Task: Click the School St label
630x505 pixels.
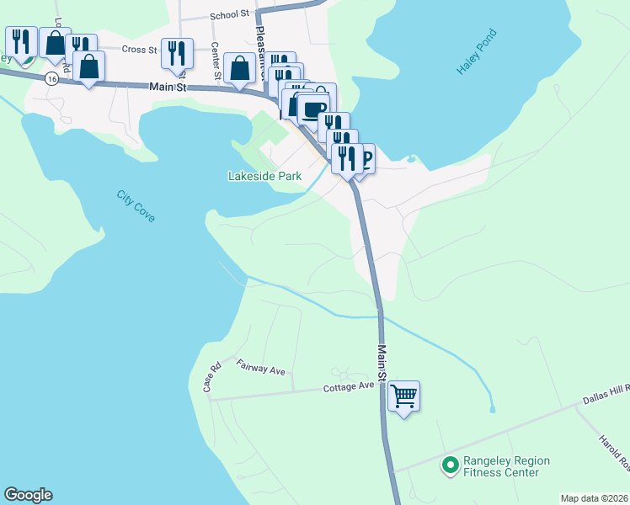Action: (x=231, y=14)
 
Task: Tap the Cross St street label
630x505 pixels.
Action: (x=140, y=50)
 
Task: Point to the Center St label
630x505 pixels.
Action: (x=216, y=61)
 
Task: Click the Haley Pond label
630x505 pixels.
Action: (x=478, y=53)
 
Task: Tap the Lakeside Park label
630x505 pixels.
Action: (x=264, y=177)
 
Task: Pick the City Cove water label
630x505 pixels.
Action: (x=136, y=206)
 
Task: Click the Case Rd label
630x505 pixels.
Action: (x=211, y=377)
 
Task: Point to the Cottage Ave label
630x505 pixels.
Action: (x=349, y=386)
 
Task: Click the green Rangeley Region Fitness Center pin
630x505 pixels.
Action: (x=450, y=464)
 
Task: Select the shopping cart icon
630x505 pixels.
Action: (x=403, y=395)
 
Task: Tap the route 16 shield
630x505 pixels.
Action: (x=52, y=78)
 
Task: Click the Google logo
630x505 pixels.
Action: (x=28, y=495)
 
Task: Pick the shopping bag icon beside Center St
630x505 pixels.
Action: (x=240, y=67)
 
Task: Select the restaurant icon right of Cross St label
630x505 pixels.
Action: (x=176, y=53)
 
